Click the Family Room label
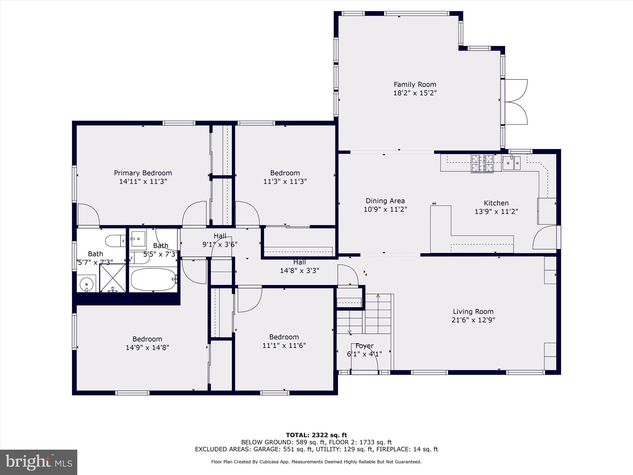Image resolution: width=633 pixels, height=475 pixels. (415, 84)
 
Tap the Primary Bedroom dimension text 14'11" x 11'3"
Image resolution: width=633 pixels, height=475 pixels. (143, 182)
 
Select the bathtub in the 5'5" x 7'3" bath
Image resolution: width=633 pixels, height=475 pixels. (153, 280)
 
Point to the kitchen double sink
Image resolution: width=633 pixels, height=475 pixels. (511, 163)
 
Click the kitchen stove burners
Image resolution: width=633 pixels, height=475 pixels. (482, 163)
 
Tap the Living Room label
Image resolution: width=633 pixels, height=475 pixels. (473, 311)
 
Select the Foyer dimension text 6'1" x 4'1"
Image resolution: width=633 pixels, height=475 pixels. (364, 354)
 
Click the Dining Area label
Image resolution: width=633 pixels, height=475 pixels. (385, 201)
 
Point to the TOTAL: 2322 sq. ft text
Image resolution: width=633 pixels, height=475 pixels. (316, 435)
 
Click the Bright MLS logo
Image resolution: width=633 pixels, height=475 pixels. (39, 462)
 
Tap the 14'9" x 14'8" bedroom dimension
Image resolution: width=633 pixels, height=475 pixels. (147, 348)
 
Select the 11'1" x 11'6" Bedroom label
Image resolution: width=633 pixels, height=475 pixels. (284, 337)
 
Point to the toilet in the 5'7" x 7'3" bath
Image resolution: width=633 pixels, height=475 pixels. (115, 241)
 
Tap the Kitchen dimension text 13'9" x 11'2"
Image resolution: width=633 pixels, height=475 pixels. (496, 212)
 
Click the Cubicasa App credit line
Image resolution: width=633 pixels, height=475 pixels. (316, 462)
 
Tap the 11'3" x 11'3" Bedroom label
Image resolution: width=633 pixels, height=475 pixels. (285, 173)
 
